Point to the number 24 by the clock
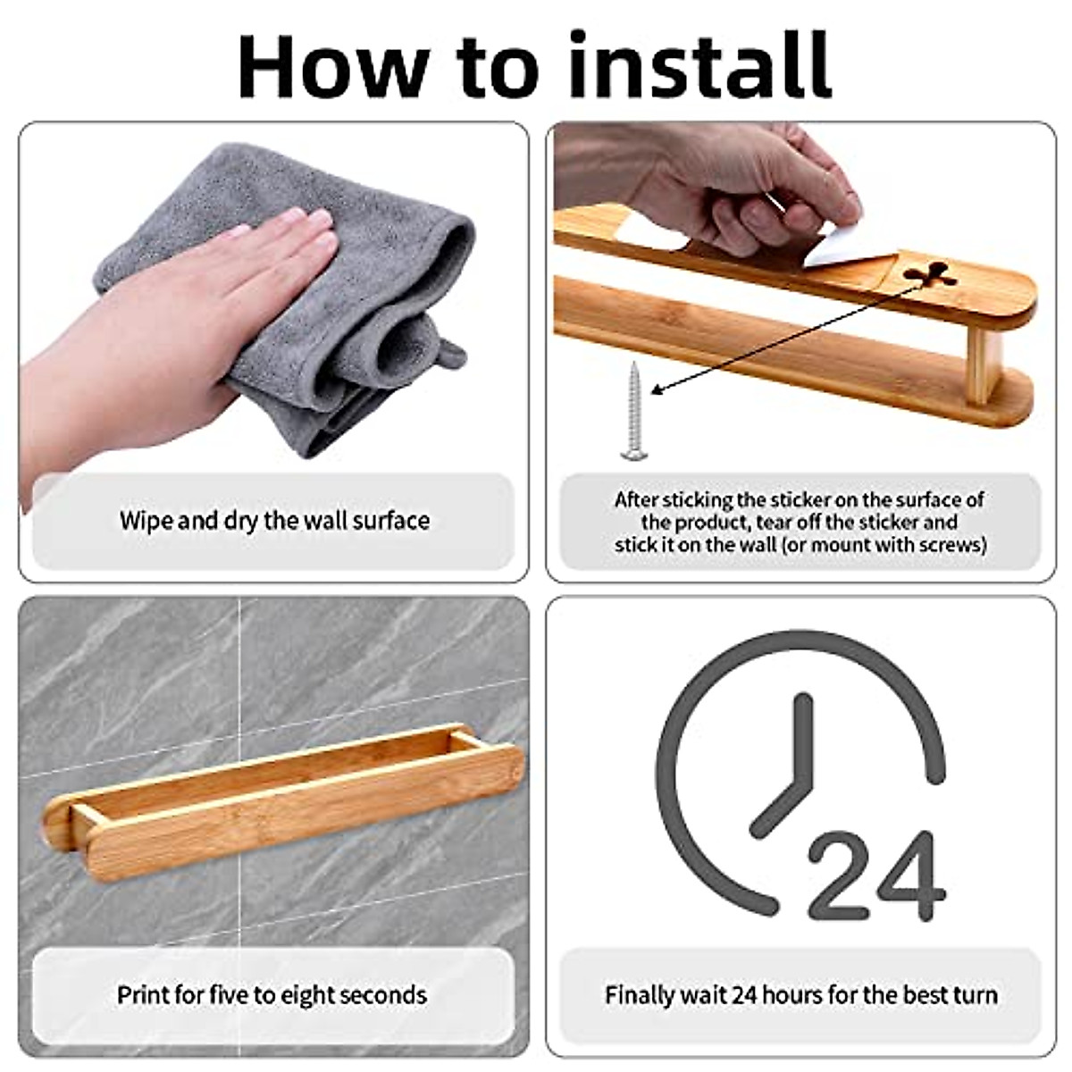(875, 876)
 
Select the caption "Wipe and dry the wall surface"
(274, 521)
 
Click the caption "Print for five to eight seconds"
(272, 994)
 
